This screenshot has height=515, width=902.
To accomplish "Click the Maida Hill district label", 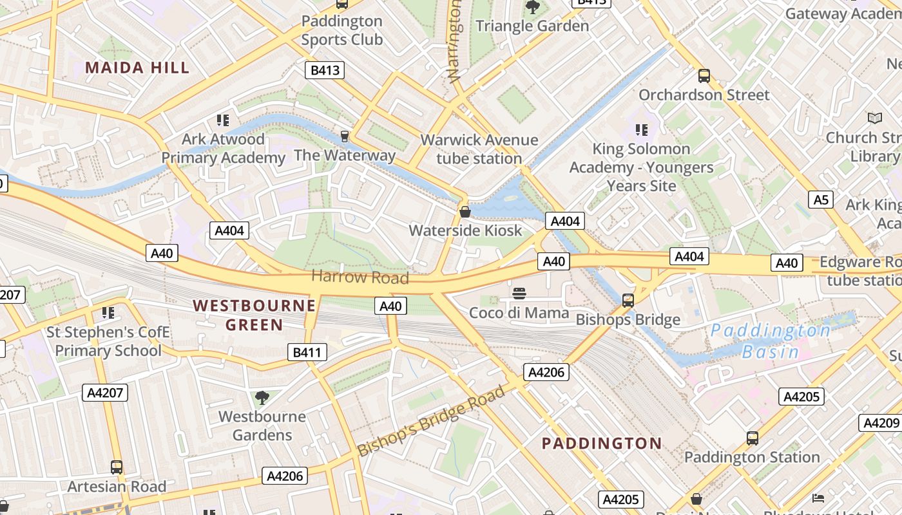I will [x=137, y=68].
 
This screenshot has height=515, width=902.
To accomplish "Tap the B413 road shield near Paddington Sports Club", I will [x=325, y=70].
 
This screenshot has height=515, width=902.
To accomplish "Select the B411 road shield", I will [x=307, y=351].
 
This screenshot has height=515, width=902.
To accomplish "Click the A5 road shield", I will [x=821, y=200].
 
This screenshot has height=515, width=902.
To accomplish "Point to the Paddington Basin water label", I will [x=771, y=341].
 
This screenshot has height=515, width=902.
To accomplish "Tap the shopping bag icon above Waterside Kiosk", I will [x=465, y=211].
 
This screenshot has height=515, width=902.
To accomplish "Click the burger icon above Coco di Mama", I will [x=519, y=294].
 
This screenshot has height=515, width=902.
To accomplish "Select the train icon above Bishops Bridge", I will [x=628, y=300].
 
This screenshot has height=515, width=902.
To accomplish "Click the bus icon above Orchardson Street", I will [x=704, y=76].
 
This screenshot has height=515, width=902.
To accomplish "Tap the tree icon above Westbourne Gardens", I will [x=262, y=397].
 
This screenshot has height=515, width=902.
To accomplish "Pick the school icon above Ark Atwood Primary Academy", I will [x=223, y=120].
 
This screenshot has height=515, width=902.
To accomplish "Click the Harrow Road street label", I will [x=360, y=277].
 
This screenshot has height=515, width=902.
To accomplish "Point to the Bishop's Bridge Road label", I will [x=431, y=420].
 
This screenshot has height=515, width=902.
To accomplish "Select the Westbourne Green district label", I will [x=254, y=315].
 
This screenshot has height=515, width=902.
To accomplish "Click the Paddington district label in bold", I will [x=601, y=443].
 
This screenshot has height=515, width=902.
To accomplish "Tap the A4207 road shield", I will [x=105, y=392].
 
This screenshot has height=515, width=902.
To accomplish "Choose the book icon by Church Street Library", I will [x=874, y=118].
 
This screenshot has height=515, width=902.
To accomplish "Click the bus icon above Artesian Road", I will [x=117, y=467].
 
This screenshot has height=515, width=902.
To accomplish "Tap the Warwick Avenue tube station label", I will [x=479, y=149].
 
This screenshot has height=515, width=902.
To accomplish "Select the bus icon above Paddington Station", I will [x=752, y=438].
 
